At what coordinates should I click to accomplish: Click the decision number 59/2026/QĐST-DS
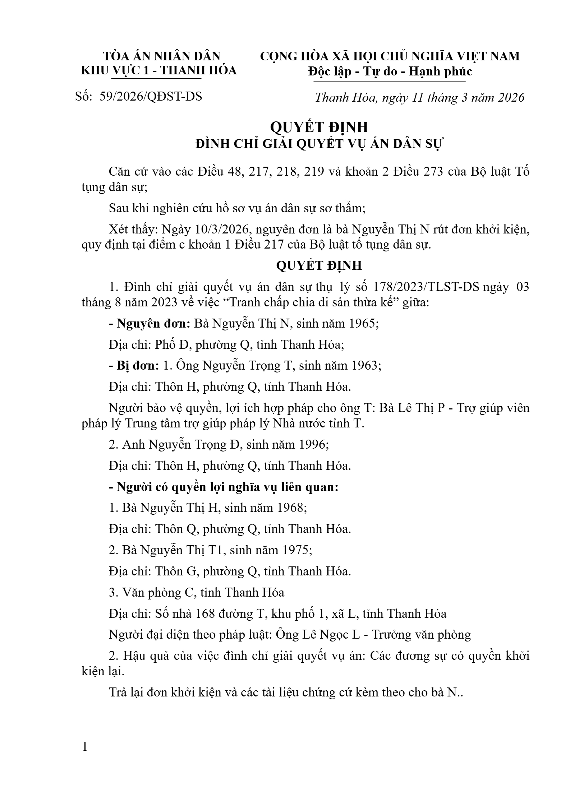[x=151, y=97]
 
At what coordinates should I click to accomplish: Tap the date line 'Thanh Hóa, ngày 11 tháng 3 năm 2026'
[x=420, y=98]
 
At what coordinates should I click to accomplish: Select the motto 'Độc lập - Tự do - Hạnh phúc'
[x=390, y=71]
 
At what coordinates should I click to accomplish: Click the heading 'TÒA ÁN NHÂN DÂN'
[x=162, y=56]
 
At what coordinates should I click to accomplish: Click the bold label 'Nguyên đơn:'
[x=150, y=324]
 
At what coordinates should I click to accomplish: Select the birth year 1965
[x=363, y=324]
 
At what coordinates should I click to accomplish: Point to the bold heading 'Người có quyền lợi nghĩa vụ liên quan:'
[x=224, y=487]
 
